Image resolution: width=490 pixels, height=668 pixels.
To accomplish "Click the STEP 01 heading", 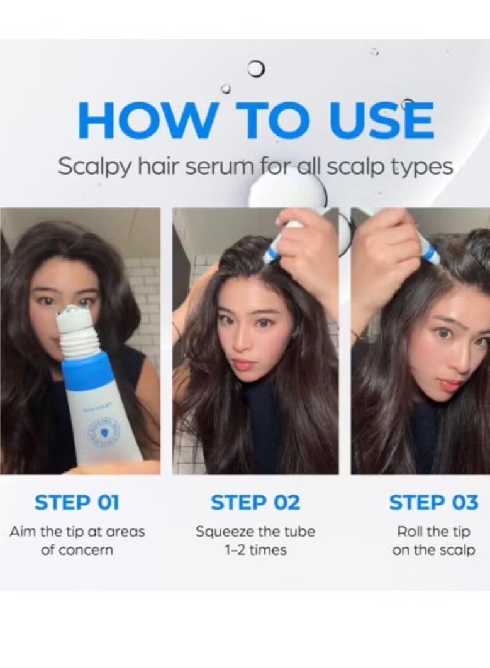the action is point(77,502).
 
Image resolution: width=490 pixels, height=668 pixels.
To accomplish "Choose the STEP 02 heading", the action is point(255,502).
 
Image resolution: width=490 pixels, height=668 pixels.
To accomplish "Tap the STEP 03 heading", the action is point(433,502).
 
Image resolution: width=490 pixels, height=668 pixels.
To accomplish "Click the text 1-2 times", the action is point(255,550).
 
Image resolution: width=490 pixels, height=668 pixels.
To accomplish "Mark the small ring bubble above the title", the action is point(256,69).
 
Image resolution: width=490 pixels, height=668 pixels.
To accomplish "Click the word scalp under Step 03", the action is point(458,550).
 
